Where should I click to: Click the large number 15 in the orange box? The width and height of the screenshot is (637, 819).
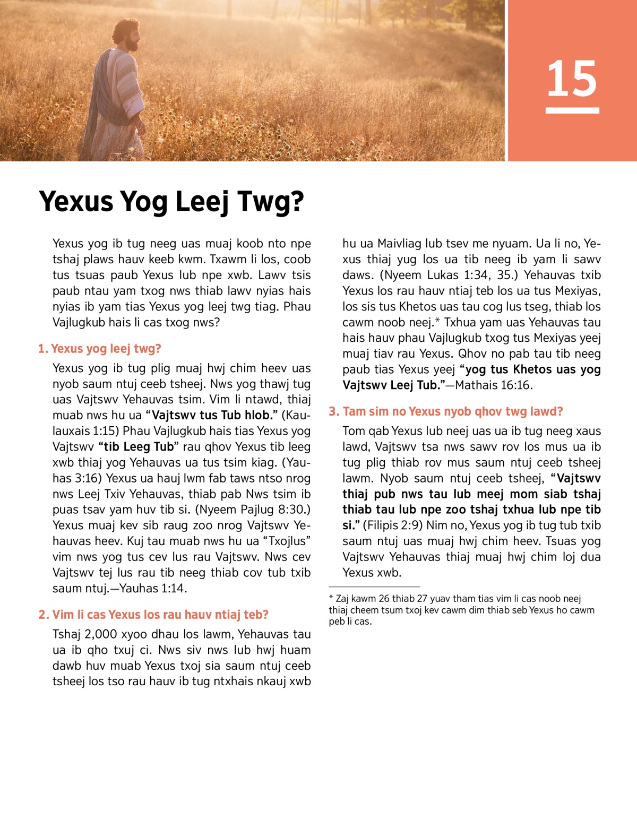[572, 79]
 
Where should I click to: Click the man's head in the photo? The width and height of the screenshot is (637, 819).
[128, 36]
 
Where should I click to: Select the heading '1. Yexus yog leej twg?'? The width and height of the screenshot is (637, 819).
[99, 349]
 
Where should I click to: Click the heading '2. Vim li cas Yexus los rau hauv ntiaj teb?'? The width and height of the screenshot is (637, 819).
[153, 615]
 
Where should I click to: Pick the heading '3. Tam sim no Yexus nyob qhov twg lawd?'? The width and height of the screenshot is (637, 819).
[446, 411]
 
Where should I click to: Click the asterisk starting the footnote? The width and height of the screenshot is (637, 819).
[331, 598]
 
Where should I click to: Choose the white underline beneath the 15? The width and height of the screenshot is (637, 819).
[572, 110]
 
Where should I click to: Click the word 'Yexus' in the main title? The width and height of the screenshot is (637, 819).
[76, 202]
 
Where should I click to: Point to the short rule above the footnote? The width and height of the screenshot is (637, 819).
[374, 587]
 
